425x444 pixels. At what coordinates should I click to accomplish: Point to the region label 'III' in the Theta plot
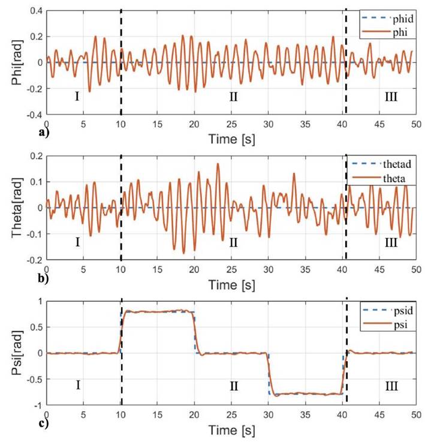[x=391, y=242]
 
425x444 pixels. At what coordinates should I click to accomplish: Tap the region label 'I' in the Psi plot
[x=78, y=385]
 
